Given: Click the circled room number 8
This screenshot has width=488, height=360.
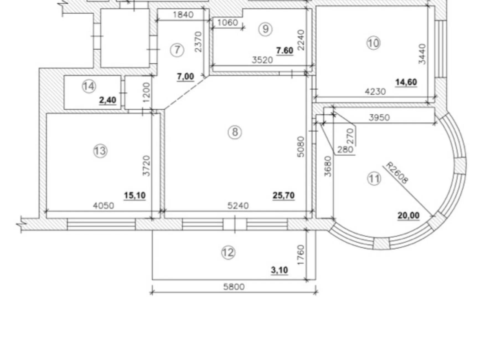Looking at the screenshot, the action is pyautogui.click(x=235, y=132).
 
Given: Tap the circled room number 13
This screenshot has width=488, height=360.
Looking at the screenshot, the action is pyautogui.click(x=100, y=151).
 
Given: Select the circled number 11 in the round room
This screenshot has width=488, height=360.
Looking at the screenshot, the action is pyautogui.click(x=374, y=179).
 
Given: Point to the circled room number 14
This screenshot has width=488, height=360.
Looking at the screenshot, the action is pyautogui.click(x=89, y=86).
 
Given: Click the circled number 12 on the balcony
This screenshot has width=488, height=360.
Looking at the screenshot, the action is pyautogui.click(x=229, y=253).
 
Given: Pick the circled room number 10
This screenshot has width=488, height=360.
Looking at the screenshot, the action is pyautogui.click(x=373, y=43).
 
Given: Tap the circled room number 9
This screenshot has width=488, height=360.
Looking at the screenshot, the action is pyautogui.click(x=265, y=29).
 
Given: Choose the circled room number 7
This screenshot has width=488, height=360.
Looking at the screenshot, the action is pyautogui.click(x=177, y=50).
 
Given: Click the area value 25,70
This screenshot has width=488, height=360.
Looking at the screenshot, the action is pyautogui.click(x=284, y=196).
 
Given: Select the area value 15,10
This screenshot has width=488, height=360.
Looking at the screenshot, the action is pyautogui.click(x=135, y=196).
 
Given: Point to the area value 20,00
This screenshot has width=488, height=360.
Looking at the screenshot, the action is pyautogui.click(x=409, y=216).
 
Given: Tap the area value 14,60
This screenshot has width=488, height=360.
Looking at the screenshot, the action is pyautogui.click(x=406, y=82).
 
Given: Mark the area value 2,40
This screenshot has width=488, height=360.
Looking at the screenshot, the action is pyautogui.click(x=108, y=100).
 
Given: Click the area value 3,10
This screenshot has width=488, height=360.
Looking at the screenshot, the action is pyautogui.click(x=280, y=270).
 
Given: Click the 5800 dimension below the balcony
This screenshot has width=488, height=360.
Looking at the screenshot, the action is pyautogui.click(x=234, y=287).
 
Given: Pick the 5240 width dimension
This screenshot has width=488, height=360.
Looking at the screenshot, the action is pyautogui.click(x=238, y=205).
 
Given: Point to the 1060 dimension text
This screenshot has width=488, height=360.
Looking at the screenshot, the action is pyautogui.click(x=228, y=22).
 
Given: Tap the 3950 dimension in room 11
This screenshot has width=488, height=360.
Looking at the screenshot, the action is pyautogui.click(x=379, y=117).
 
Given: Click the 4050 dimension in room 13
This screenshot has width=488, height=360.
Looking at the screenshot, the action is pyautogui.click(x=103, y=205).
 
